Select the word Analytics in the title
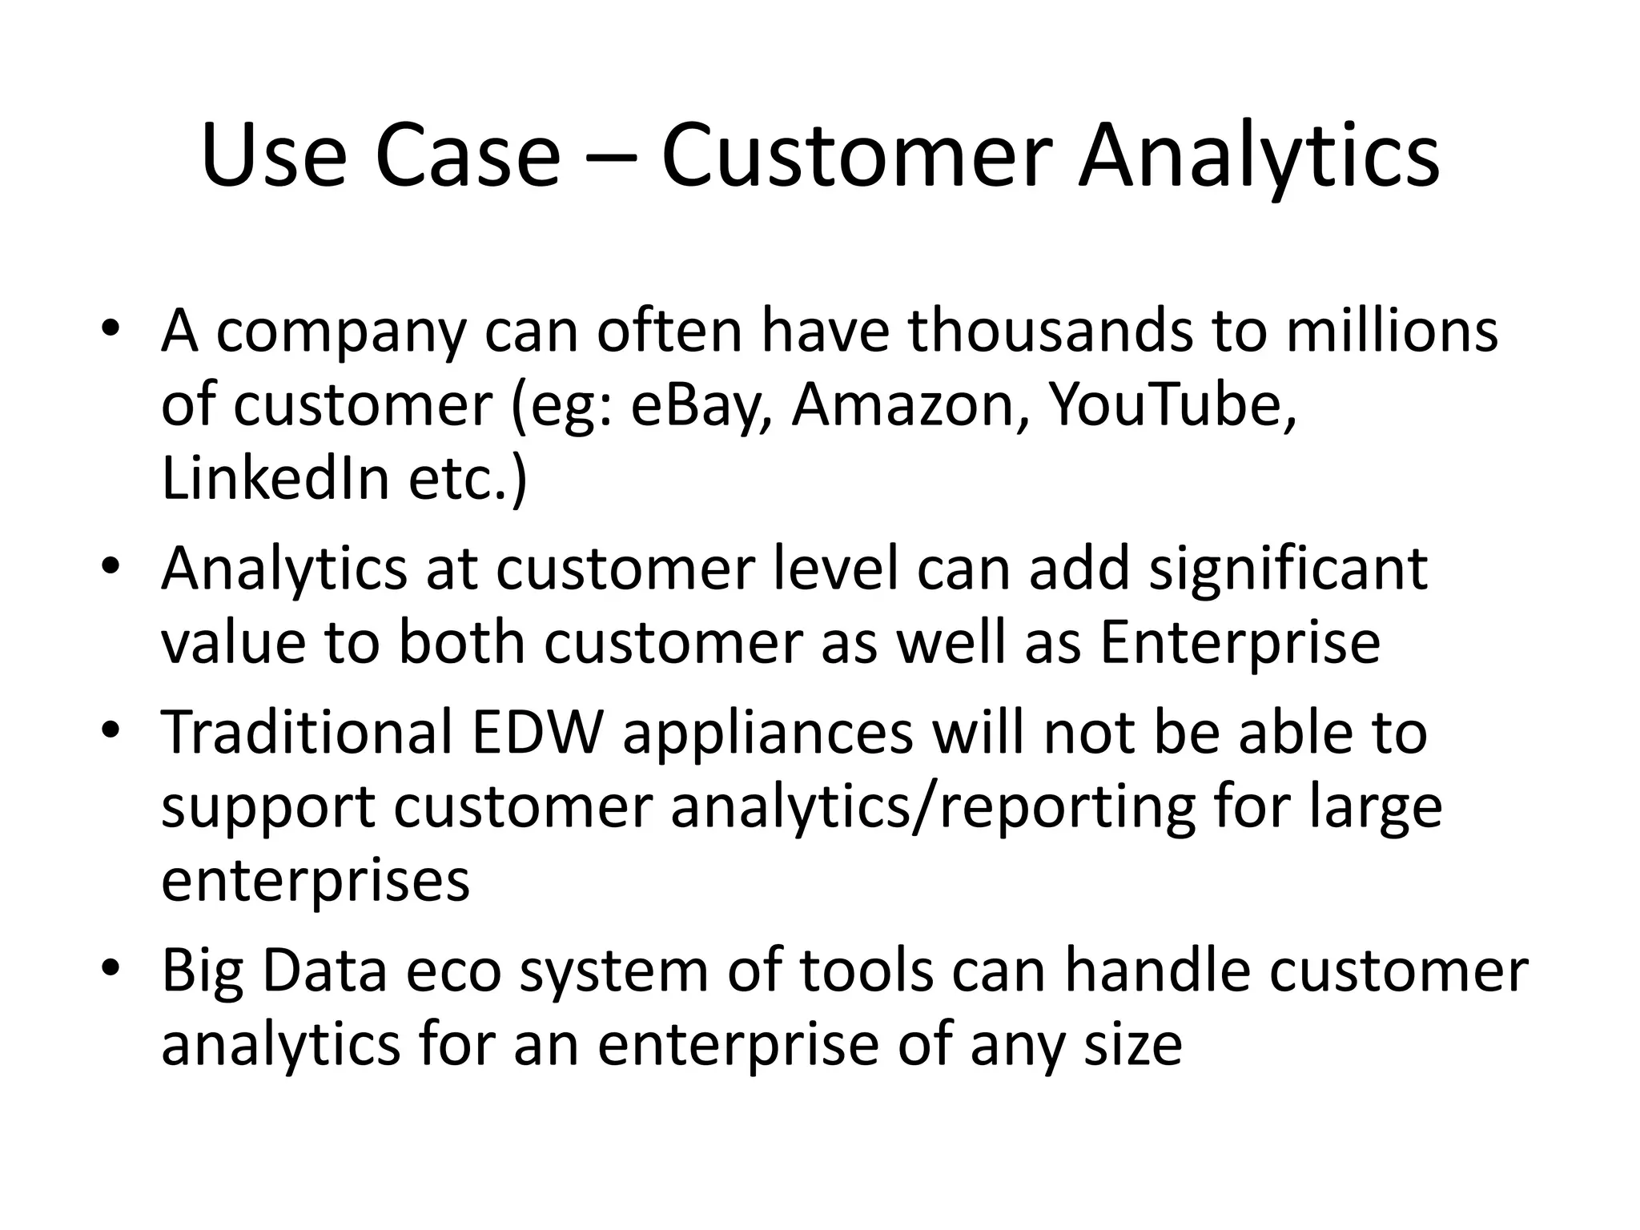click(1258, 157)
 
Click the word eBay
click(694, 406)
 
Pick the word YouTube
click(1166, 404)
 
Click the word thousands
click(1051, 331)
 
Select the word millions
click(1392, 331)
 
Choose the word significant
click(1288, 568)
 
